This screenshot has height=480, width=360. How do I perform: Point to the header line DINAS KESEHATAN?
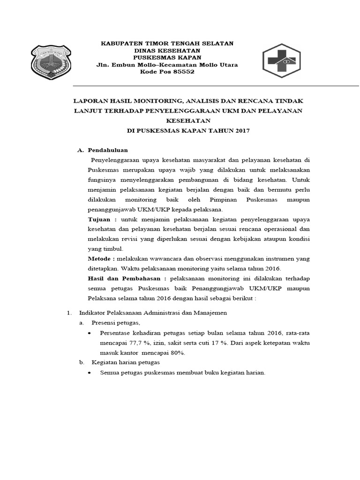(x=167, y=50)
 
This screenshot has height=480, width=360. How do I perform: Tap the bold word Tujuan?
(x=99, y=219)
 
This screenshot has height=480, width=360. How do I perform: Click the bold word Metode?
(x=100, y=259)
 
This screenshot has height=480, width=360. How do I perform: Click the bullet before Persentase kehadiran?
(x=90, y=333)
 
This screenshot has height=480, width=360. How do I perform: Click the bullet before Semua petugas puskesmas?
(x=90, y=373)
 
